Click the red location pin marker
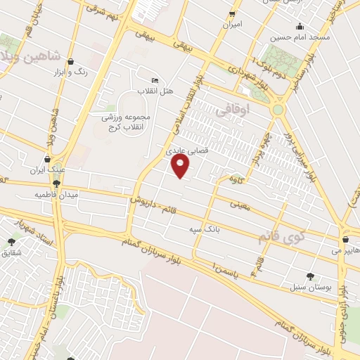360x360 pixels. tap(181, 166)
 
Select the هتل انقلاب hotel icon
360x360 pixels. tap(155, 80)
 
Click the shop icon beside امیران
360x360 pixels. tap(232, 14)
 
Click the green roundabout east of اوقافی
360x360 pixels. tap(278, 110)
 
